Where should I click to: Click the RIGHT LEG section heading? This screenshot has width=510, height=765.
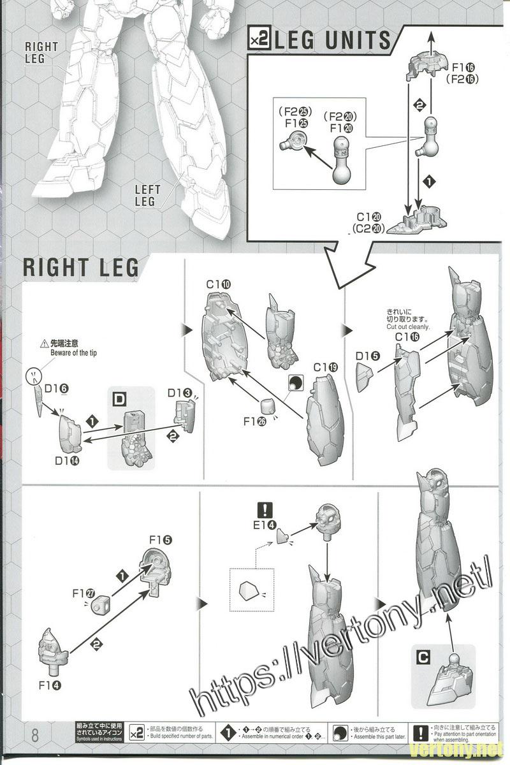(80, 267)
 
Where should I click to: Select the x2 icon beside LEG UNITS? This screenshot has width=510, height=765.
(259, 41)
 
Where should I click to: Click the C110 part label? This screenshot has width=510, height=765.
(218, 284)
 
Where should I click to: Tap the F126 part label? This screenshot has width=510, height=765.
(254, 421)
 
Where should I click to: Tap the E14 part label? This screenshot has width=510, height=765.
(264, 525)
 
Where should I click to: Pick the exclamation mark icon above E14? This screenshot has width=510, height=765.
(264, 510)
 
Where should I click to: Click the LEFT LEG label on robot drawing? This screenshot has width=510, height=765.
(145, 196)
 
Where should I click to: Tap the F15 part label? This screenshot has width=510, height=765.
(160, 540)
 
